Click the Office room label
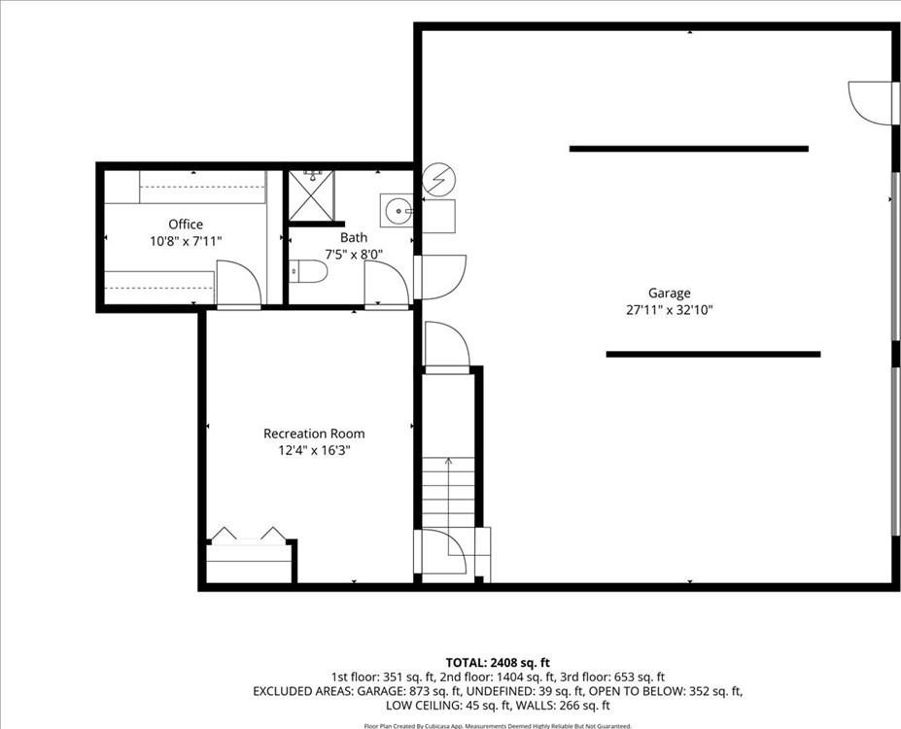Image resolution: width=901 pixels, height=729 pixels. click(x=186, y=224)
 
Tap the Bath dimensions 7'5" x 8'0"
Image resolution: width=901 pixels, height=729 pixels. click(x=354, y=254)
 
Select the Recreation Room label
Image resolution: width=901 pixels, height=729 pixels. click(x=314, y=434)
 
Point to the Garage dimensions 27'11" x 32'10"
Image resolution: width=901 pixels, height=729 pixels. click(x=670, y=310)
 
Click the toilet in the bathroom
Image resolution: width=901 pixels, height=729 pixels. click(x=308, y=271)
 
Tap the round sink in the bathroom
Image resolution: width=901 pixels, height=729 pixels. click(x=397, y=211)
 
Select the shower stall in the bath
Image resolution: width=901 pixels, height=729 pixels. click(x=311, y=196)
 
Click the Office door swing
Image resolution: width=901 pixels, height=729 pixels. click(x=238, y=285)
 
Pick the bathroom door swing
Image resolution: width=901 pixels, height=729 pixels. click(x=387, y=285)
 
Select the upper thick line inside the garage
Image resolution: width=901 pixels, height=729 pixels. click(x=689, y=149)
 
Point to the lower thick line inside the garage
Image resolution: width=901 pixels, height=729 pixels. click(x=713, y=355)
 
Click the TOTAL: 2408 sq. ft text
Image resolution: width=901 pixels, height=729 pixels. click(x=498, y=663)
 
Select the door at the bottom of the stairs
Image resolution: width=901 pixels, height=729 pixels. click(x=440, y=550)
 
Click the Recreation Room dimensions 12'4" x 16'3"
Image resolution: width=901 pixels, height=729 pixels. click(x=314, y=450)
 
